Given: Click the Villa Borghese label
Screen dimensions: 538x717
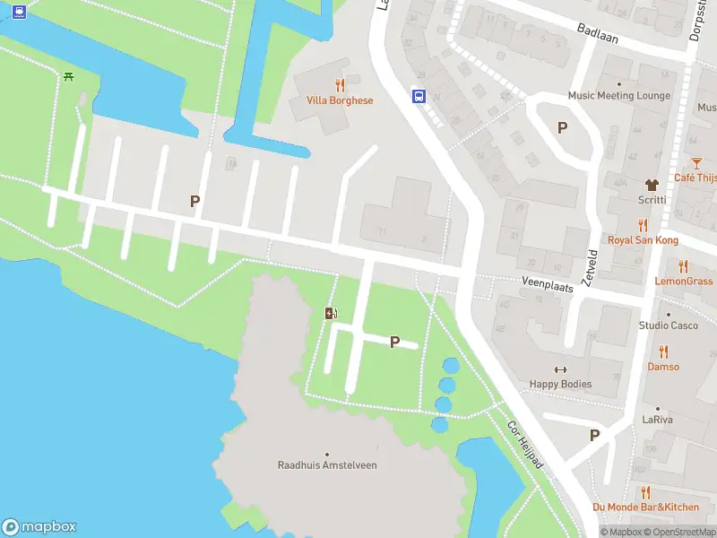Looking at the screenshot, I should [x=339, y=100].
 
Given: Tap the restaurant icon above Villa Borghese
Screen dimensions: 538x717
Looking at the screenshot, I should [x=339, y=85].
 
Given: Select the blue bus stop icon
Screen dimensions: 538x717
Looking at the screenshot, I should [x=418, y=96].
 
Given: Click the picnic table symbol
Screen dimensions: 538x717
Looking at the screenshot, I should [x=69, y=76].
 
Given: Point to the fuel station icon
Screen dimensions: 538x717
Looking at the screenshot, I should [x=331, y=313].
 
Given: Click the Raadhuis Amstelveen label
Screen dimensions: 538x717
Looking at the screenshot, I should [x=327, y=465].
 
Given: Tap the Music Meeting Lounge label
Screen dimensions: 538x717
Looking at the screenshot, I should [x=618, y=96].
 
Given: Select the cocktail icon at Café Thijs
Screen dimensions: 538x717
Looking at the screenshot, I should [x=696, y=162].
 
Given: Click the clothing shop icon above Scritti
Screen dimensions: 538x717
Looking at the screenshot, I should [x=652, y=184].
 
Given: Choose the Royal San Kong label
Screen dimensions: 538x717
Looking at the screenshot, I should [x=643, y=240].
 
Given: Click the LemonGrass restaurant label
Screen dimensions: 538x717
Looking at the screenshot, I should [x=684, y=282].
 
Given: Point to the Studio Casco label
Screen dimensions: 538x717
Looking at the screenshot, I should [x=668, y=325].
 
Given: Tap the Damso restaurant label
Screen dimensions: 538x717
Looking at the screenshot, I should [x=663, y=367].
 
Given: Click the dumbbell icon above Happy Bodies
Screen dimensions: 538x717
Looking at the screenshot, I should [x=561, y=369].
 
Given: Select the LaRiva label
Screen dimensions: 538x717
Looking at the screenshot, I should [x=657, y=420].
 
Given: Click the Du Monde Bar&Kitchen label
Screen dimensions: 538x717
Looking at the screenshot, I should [x=645, y=508].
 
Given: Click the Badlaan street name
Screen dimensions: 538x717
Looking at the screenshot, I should [x=597, y=34].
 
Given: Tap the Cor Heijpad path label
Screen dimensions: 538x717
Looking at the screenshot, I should [x=525, y=444].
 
